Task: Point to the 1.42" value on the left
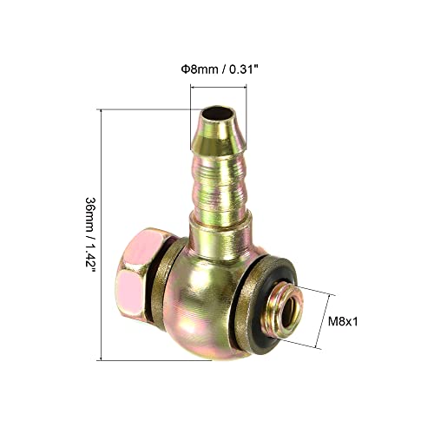click(x=89, y=260)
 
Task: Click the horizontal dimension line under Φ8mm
click(x=218, y=86)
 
